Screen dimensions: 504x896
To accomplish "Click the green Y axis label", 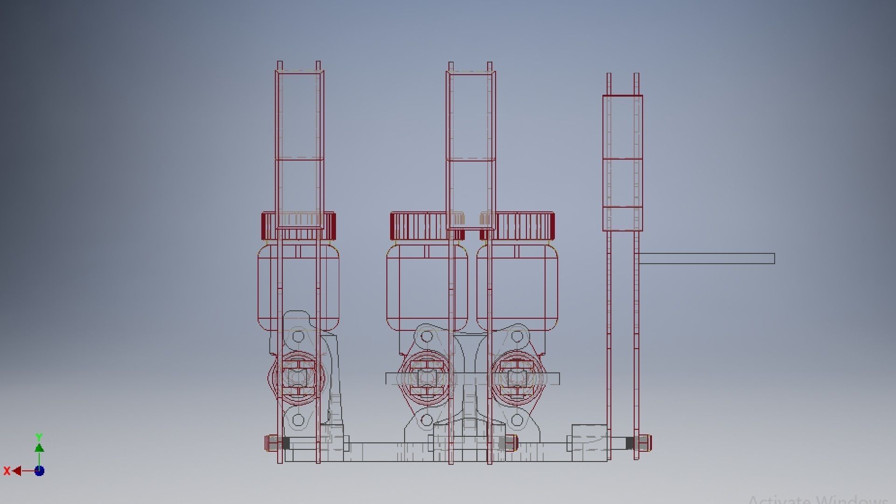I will [x=39, y=437].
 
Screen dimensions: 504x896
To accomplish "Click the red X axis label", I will [x=7, y=471].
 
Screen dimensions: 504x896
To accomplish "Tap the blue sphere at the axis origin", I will [x=40, y=471].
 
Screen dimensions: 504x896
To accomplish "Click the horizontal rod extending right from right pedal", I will [x=707, y=259].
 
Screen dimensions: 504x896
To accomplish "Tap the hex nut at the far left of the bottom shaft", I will [x=272, y=443].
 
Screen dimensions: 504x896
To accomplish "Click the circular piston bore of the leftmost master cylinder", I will [x=297, y=377].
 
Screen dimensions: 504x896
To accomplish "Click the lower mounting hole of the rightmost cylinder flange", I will [x=517, y=420].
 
